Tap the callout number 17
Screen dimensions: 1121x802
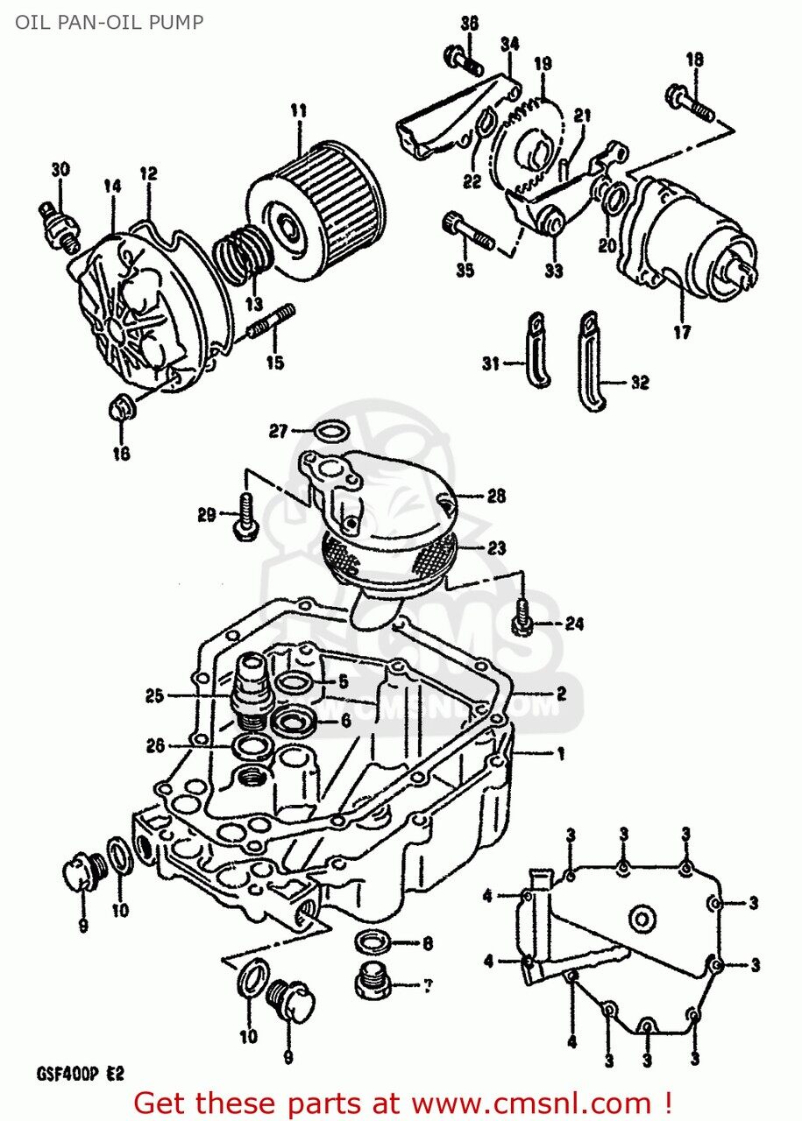click(682, 332)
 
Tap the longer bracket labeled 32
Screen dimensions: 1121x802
click(591, 360)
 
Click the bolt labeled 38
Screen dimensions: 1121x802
click(467, 60)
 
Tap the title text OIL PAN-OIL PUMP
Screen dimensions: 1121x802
click(109, 21)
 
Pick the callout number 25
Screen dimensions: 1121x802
click(154, 696)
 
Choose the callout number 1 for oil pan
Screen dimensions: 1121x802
click(558, 753)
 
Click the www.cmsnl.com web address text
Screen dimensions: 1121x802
click(534, 1101)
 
